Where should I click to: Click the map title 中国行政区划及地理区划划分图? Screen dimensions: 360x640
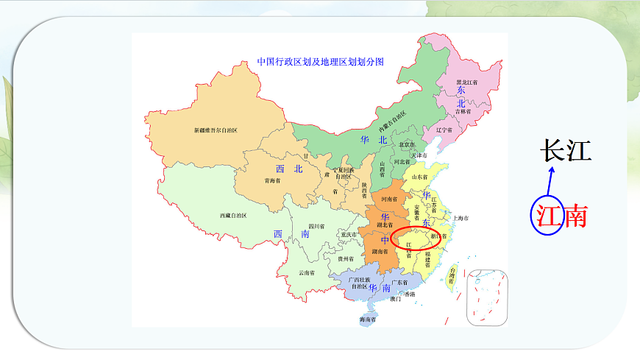point(321,62)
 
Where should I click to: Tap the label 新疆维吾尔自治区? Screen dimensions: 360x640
point(216,130)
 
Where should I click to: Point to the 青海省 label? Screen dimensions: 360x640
point(273,179)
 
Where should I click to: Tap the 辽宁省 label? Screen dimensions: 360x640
point(444,130)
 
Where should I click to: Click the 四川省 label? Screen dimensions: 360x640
point(317,226)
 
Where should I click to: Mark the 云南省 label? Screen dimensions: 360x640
point(308,272)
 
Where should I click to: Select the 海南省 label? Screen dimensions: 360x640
point(369,320)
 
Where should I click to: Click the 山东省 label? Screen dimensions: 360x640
point(420,177)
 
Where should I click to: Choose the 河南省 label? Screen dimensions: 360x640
point(389,200)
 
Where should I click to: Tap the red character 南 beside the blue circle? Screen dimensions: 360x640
point(575,215)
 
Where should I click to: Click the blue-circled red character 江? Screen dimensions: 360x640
point(546,215)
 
